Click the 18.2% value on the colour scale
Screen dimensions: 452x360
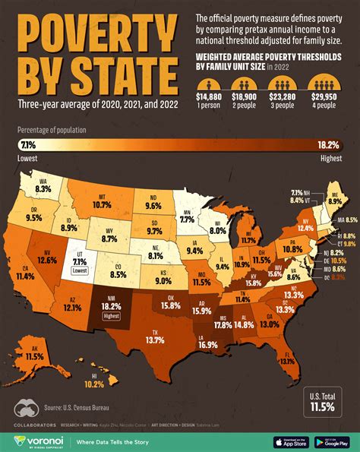tap(330, 144)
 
